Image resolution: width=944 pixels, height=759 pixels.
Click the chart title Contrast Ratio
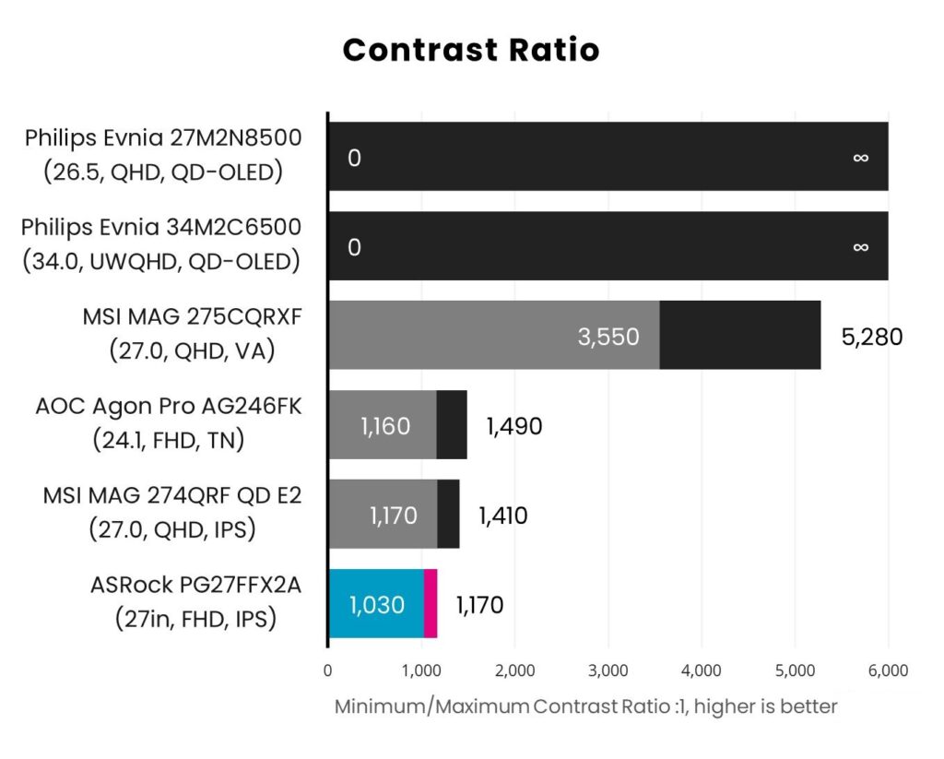(x=471, y=50)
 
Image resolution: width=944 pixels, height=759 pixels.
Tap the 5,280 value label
(x=871, y=336)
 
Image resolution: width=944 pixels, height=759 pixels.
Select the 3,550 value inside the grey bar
(x=608, y=337)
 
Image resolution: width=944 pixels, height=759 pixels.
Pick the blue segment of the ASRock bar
(x=376, y=604)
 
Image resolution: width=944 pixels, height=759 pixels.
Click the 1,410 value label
(x=502, y=516)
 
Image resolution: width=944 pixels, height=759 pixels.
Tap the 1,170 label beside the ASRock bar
(x=479, y=605)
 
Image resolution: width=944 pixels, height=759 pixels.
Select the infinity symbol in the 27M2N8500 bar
(x=860, y=158)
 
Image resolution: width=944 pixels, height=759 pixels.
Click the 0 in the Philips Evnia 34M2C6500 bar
(x=354, y=247)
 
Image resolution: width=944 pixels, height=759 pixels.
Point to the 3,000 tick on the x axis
(x=608, y=670)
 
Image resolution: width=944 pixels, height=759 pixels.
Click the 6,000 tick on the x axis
(x=888, y=670)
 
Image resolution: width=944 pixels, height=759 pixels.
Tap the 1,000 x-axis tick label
(x=421, y=670)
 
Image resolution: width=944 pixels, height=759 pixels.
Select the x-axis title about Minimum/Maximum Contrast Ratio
(x=585, y=707)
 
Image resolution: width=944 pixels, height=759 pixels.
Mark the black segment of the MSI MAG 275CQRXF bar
(x=739, y=336)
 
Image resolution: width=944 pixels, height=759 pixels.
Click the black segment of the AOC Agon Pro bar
(x=452, y=425)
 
